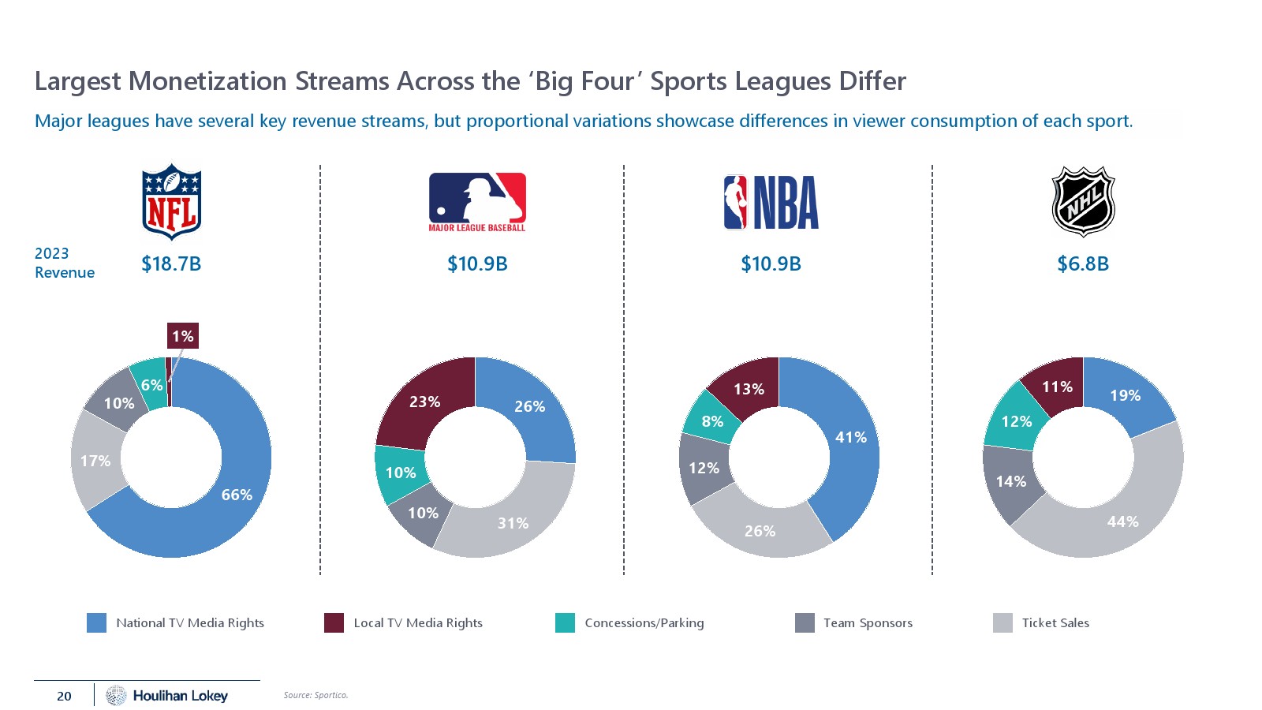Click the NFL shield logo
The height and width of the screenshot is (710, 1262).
tap(171, 201)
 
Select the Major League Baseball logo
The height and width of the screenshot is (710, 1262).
tap(477, 202)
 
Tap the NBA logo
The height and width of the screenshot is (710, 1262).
tap(771, 203)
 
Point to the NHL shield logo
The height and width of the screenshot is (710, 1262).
tap(1083, 201)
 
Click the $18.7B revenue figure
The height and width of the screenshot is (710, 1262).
tap(171, 263)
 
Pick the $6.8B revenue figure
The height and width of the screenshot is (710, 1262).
tap(1083, 263)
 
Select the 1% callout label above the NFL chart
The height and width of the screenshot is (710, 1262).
tap(182, 336)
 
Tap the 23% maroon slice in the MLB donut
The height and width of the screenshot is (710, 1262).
tap(424, 402)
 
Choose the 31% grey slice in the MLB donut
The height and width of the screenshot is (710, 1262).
tap(513, 522)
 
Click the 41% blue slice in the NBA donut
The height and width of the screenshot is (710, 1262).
tap(850, 437)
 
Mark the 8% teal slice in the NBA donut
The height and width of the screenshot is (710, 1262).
tap(712, 421)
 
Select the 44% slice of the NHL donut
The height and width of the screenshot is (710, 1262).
tap(1122, 521)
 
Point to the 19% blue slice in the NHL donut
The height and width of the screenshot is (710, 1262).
tap(1125, 395)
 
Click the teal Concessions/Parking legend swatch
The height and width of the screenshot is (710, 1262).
tap(565, 622)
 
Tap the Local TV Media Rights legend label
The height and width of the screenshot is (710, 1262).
tap(418, 622)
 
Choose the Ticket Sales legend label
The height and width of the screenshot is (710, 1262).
tap(1055, 622)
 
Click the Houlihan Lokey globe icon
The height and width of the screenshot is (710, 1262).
tap(116, 695)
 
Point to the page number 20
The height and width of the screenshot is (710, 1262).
tap(64, 696)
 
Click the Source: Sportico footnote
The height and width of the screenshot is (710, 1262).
tap(315, 695)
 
